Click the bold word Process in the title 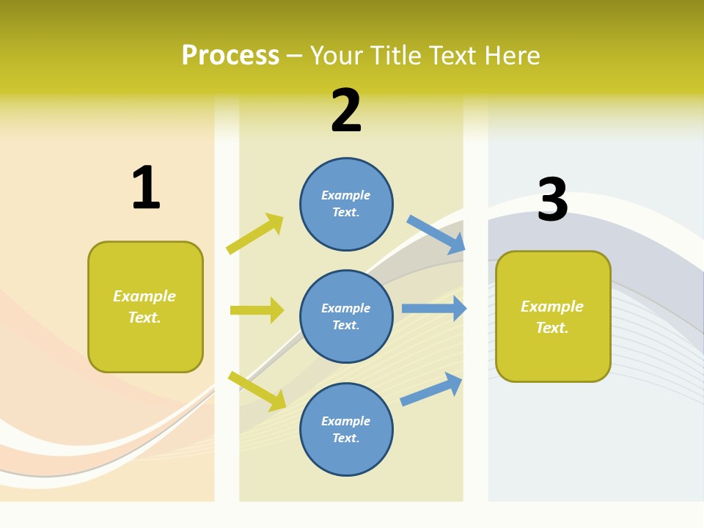point(230,56)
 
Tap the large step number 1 point(145,188)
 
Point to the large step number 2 point(346,111)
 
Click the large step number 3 point(552,199)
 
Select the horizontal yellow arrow point(257,310)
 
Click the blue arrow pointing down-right point(436,235)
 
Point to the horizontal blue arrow point(434,309)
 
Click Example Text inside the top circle point(346,204)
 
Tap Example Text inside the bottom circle point(346,430)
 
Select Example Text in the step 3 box point(552,317)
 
